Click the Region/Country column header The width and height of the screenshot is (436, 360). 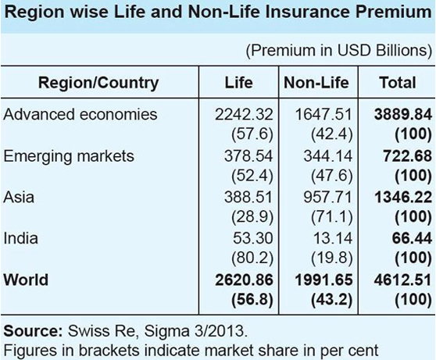(x=98, y=82)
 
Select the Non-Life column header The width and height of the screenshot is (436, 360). (x=316, y=82)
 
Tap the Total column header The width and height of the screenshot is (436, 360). (x=397, y=82)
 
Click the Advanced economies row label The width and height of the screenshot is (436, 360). (x=80, y=114)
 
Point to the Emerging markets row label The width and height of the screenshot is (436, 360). (x=70, y=156)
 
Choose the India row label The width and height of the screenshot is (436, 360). (x=21, y=237)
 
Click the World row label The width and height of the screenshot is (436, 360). (x=26, y=280)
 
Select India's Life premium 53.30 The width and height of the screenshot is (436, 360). (x=252, y=237)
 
